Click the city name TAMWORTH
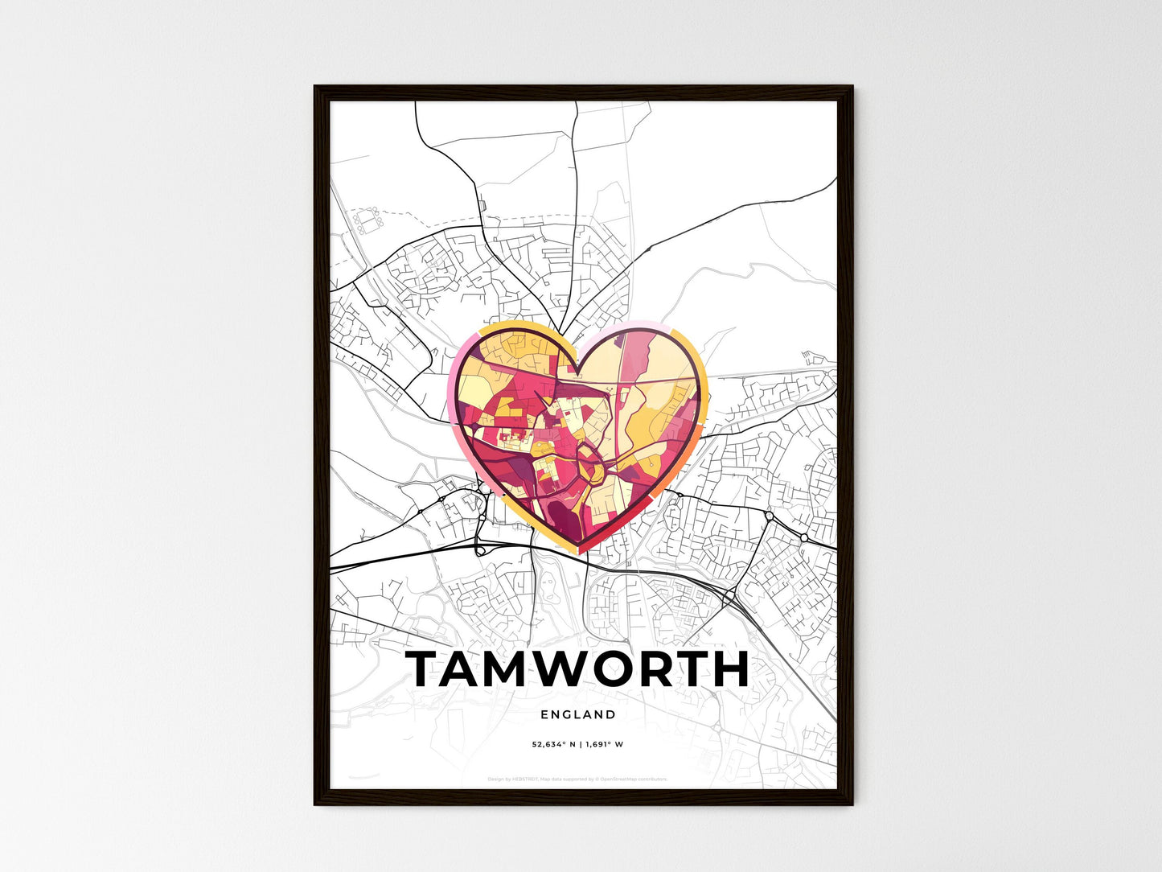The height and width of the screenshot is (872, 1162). (577, 669)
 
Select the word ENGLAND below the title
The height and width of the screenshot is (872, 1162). (578, 714)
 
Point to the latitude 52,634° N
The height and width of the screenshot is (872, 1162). (553, 744)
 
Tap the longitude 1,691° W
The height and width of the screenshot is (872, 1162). (604, 744)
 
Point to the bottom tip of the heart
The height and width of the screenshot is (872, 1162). (579, 552)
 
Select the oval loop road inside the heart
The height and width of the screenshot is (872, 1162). (589, 463)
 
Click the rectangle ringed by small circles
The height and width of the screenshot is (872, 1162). (369, 218)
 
